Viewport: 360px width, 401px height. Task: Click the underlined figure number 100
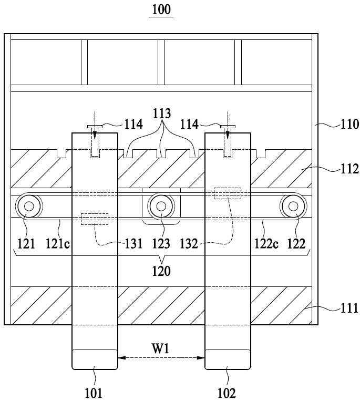tap(161, 10)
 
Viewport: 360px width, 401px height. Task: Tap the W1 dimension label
tap(161, 348)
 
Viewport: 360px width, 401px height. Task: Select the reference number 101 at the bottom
tap(94, 393)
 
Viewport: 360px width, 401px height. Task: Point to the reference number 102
tap(227, 393)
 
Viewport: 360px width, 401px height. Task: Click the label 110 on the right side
tap(349, 125)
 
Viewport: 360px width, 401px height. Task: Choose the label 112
tap(349, 169)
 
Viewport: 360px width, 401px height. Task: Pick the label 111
tap(349, 308)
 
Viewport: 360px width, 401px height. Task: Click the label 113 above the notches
tap(161, 114)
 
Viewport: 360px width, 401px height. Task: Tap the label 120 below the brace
tap(161, 271)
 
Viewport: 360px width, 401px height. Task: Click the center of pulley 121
tap(29, 206)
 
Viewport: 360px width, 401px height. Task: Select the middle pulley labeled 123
tap(161, 206)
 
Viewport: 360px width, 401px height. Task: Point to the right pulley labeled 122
tap(294, 206)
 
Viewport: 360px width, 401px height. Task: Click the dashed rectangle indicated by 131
tap(95, 219)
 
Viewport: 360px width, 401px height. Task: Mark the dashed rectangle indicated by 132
tap(228, 193)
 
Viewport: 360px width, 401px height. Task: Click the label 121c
tap(58, 243)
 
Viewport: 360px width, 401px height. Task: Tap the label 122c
tap(266, 243)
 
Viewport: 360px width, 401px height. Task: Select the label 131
tap(133, 243)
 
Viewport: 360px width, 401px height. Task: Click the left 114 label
tap(133, 125)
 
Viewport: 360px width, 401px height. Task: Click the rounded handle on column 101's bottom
tap(95, 359)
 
